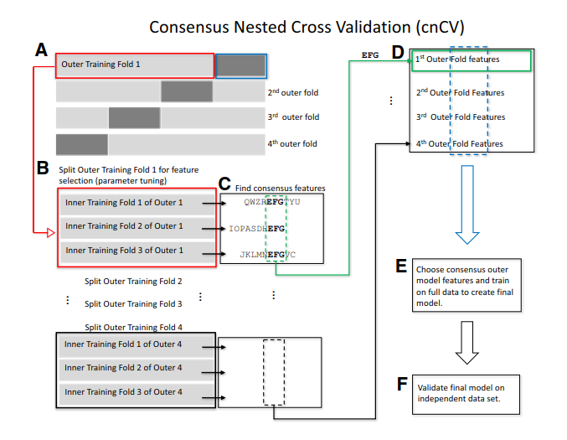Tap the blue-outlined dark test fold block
pos(241,65)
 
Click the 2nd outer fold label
pos(292,92)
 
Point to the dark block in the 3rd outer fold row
pos(134,117)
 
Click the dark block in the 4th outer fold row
pos(82,143)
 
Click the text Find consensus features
pos(281,189)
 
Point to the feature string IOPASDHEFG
pos(257,228)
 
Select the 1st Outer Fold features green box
pos(471,60)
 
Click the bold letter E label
pos(401,267)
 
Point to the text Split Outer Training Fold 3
pos(133,304)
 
